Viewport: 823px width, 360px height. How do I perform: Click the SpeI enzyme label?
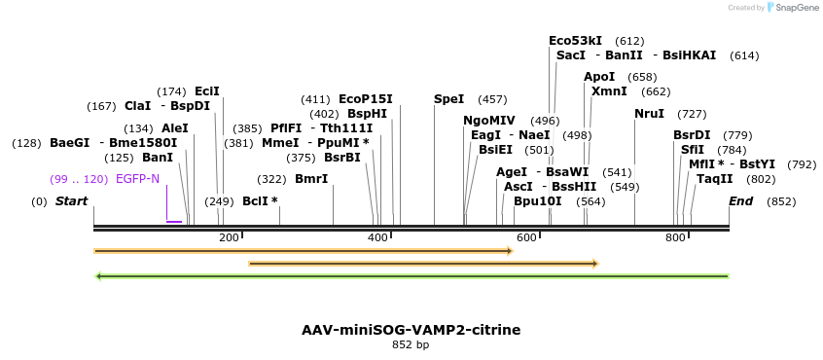tap(449, 99)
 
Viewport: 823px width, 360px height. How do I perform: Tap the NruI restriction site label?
tap(649, 114)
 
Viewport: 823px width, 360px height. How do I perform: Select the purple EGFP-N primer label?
tap(137, 179)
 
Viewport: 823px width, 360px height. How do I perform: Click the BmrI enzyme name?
tap(311, 179)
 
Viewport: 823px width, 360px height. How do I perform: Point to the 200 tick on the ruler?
tap(230, 237)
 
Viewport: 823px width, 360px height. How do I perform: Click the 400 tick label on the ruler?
tap(378, 237)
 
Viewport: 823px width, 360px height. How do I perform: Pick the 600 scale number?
tap(527, 237)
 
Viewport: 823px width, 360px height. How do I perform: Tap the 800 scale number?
tap(675, 237)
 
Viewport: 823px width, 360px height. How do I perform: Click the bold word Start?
tap(71, 201)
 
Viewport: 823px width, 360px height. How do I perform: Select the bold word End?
tap(740, 201)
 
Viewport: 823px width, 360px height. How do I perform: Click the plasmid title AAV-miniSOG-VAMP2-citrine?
tap(411, 330)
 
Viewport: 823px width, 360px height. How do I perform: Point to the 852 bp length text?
tap(411, 345)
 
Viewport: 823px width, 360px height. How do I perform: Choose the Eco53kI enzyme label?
tap(576, 41)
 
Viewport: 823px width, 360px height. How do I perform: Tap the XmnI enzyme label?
tap(609, 91)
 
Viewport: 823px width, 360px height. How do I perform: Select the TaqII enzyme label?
tap(714, 179)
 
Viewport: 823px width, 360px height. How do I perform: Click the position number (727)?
tap(692, 114)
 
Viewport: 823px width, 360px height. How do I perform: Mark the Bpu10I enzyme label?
tap(538, 201)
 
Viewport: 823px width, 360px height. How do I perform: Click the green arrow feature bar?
tap(411, 276)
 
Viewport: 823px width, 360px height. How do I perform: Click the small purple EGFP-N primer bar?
tap(174, 222)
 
